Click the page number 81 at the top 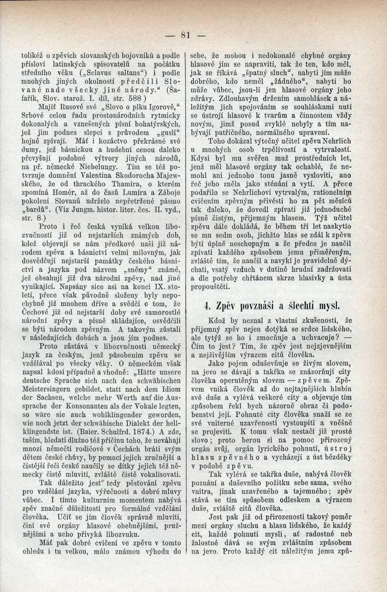pyautogui.click(x=186, y=34)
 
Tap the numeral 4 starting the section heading pyautogui.click(x=207, y=305)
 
